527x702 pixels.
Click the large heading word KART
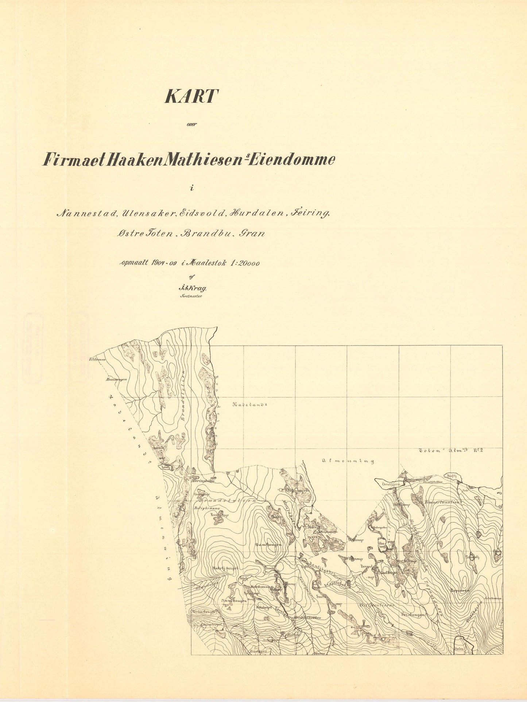[191, 96]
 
